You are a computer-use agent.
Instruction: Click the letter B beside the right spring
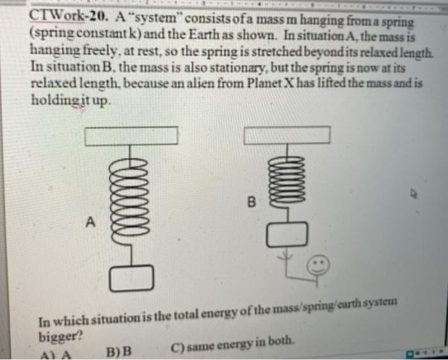251,204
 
